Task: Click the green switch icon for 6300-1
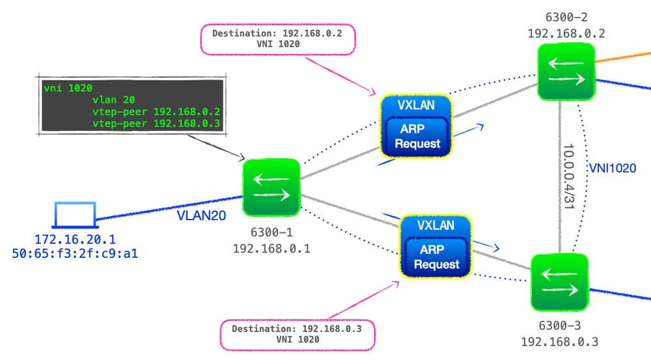click(x=271, y=187)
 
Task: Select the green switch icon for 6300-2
click(x=566, y=72)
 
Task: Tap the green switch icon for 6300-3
click(x=559, y=281)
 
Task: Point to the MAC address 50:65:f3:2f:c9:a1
click(x=75, y=253)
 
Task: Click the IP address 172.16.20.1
click(x=75, y=240)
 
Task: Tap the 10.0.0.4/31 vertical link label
click(x=568, y=176)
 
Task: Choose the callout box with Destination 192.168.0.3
click(x=296, y=334)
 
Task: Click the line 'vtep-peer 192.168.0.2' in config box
click(x=156, y=111)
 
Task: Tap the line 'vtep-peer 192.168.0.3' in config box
click(x=156, y=123)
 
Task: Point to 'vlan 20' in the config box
click(x=115, y=100)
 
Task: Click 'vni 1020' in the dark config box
click(x=68, y=88)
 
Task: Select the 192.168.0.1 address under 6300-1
click(x=271, y=247)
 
